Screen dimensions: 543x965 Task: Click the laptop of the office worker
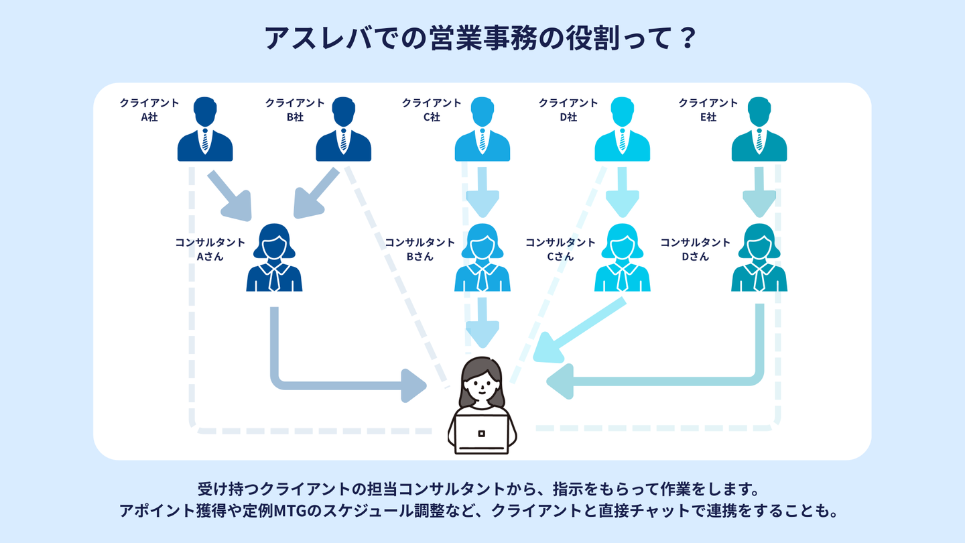coord(482,433)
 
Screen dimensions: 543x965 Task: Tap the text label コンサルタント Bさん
coord(420,249)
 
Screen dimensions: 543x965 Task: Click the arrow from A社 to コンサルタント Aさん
coord(229,195)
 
